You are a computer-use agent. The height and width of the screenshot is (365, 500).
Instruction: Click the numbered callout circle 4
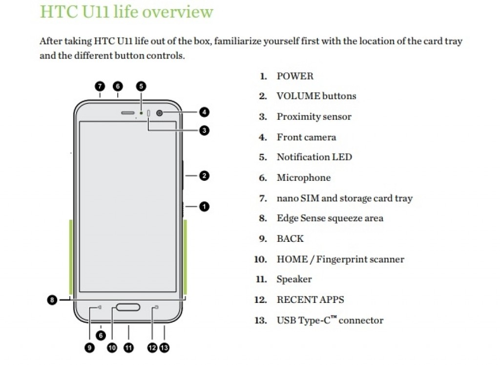coord(204,112)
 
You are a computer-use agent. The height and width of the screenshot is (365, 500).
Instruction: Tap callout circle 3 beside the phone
coord(204,130)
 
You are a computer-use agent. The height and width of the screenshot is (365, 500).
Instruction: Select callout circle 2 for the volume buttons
coord(204,175)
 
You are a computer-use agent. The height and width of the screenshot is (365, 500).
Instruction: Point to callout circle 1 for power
coord(204,206)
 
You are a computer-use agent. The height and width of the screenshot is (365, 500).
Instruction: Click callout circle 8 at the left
coord(52,300)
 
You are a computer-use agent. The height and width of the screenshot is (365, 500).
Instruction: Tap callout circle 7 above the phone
coord(100,86)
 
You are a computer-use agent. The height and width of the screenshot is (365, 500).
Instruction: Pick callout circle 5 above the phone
coord(141,86)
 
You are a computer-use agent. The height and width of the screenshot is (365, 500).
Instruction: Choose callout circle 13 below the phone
coord(165,348)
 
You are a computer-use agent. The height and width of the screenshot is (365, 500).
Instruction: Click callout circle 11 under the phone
coord(128,348)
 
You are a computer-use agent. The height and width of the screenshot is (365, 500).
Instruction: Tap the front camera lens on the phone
coord(160,113)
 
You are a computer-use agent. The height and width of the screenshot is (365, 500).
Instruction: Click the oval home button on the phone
coord(128,307)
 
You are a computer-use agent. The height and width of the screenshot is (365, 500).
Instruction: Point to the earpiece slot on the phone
coord(128,113)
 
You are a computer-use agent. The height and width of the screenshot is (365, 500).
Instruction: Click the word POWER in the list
coord(295,76)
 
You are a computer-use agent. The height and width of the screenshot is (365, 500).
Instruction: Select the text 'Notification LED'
coord(314,157)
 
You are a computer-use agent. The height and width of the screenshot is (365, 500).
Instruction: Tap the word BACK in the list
coord(290,239)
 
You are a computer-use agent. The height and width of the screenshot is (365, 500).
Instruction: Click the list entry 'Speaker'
coord(294,279)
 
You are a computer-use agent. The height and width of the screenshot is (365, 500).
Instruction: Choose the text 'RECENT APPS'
coord(310,300)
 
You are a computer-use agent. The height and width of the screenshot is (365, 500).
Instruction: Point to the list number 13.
coord(261,321)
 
